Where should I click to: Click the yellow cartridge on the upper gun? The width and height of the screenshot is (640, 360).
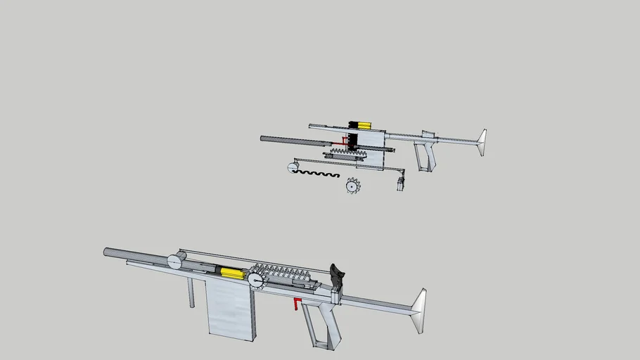tap(364, 125)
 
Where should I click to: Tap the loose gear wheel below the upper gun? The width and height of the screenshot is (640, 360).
tap(352, 186)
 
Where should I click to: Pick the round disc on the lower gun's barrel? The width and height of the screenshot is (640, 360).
tap(174, 262)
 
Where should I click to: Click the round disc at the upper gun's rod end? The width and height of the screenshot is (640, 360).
tap(291, 167)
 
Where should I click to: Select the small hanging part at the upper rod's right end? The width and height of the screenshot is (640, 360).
tap(400, 184)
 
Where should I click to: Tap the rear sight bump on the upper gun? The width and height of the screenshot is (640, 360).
tap(426, 133)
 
